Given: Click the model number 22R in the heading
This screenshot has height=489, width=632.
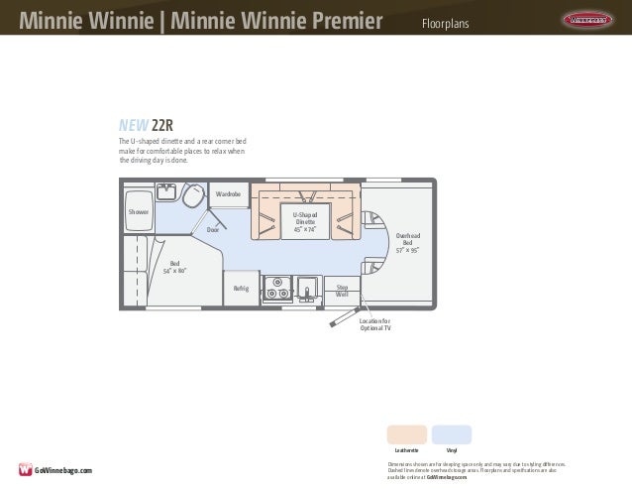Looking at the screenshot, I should (164, 126).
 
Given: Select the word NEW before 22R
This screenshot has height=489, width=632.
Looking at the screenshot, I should (134, 126).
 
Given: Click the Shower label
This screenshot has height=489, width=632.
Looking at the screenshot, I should (138, 212).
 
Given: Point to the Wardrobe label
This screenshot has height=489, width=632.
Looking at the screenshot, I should (230, 194).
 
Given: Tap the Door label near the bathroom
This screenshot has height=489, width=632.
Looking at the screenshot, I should (212, 230).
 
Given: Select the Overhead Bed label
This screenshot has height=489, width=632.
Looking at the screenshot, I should (407, 241).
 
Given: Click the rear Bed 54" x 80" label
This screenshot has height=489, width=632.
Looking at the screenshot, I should (174, 266).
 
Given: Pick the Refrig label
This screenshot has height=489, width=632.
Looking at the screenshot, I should (241, 289).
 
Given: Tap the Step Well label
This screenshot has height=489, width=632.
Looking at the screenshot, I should (342, 291).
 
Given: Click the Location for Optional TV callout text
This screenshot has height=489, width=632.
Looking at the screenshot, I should (375, 324).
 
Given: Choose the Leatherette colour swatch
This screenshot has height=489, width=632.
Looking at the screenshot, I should (408, 434).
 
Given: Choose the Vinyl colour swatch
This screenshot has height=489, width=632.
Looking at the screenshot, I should (452, 434).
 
